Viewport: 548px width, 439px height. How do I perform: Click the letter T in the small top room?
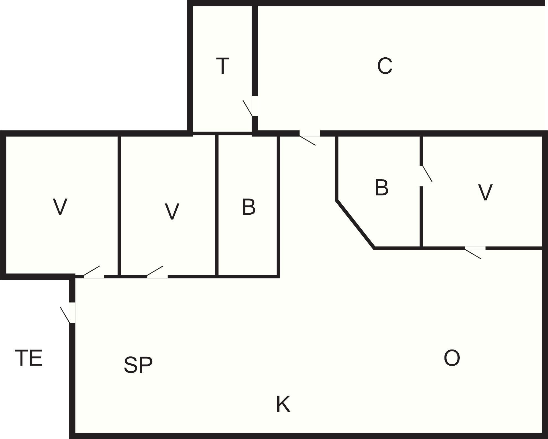[x=223, y=66]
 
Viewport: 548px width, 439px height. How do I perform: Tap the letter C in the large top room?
[x=385, y=66]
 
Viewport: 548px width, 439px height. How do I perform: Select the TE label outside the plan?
[x=29, y=358]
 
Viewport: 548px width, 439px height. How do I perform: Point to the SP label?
[x=138, y=365]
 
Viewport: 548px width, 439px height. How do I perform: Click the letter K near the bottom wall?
[x=283, y=404]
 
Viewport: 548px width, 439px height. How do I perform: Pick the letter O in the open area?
[x=452, y=358]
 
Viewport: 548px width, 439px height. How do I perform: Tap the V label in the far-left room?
[x=60, y=207]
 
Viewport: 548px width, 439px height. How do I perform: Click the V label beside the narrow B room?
[x=172, y=211]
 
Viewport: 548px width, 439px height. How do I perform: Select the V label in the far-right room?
[x=485, y=192]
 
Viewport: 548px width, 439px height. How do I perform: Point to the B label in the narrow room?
[x=249, y=207]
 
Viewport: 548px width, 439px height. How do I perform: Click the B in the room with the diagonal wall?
[x=382, y=188]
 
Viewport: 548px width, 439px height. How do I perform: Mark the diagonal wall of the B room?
[x=355, y=224]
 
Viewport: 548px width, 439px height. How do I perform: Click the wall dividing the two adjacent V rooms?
[x=119, y=206]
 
